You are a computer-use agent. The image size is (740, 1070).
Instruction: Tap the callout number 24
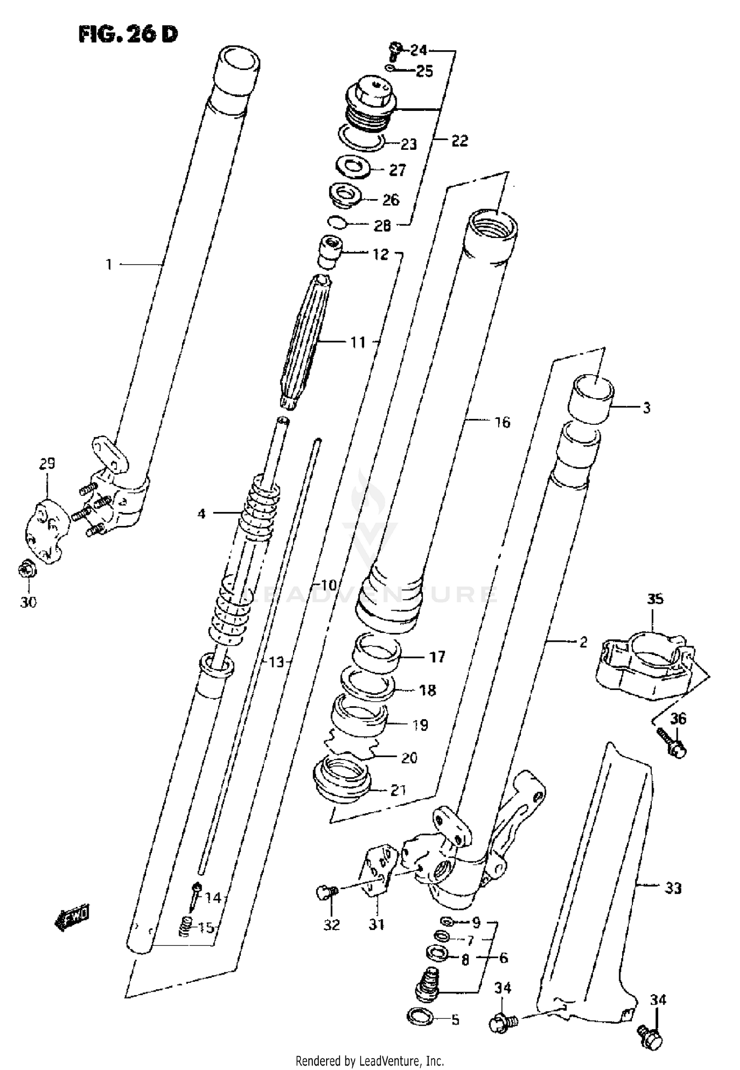point(418,50)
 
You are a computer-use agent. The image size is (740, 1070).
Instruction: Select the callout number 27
point(397,170)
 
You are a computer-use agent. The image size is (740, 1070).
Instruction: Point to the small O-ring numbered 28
point(337,223)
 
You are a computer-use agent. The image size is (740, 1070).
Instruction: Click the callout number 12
point(380,254)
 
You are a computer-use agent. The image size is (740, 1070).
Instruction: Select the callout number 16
point(502,422)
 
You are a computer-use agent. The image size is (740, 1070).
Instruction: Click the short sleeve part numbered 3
point(592,399)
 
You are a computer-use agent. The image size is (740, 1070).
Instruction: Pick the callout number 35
point(655,599)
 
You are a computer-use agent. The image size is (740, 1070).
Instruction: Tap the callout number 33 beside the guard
point(673,888)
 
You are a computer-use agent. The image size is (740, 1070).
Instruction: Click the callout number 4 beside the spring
point(201,514)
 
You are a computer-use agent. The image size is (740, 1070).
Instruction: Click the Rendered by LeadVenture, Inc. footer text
point(370,1060)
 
